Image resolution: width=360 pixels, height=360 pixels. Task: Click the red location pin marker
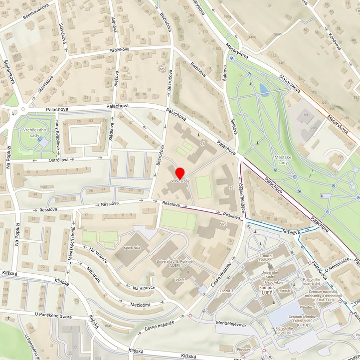(x=180, y=173)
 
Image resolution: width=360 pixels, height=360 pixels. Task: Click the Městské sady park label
(x=282, y=160)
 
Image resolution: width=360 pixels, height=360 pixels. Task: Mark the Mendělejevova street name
(x=231, y=324)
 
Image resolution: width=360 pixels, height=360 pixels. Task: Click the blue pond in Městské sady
(x=263, y=88)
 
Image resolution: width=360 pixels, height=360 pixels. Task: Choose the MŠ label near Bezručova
(x=162, y=69)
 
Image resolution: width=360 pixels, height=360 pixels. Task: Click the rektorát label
(x=284, y=290)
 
